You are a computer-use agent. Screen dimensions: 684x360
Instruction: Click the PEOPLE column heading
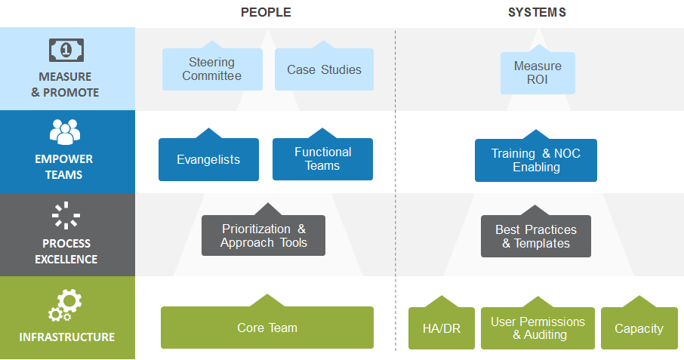(x=266, y=12)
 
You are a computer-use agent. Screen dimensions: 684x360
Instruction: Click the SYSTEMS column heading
(x=537, y=12)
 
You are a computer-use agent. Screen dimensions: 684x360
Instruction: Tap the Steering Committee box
(x=212, y=69)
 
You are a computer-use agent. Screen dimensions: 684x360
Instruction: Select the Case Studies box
(x=324, y=69)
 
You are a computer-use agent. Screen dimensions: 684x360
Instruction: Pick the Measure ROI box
(x=538, y=72)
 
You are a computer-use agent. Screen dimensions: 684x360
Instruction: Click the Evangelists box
(x=208, y=159)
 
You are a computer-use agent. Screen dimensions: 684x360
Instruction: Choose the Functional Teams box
(x=323, y=158)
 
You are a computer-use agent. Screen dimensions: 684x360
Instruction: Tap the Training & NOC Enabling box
(x=536, y=160)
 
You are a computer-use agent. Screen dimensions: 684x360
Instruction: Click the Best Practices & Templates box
(x=536, y=235)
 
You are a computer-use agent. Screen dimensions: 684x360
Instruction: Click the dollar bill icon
(x=66, y=50)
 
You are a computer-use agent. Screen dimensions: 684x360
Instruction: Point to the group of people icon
(x=65, y=131)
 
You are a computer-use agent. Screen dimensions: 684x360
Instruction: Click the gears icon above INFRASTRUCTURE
(x=65, y=306)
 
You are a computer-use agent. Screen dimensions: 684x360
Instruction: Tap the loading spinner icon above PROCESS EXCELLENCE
(x=66, y=215)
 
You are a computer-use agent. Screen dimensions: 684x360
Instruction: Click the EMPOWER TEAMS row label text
(x=64, y=167)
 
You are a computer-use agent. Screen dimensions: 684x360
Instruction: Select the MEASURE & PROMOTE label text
(x=65, y=85)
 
